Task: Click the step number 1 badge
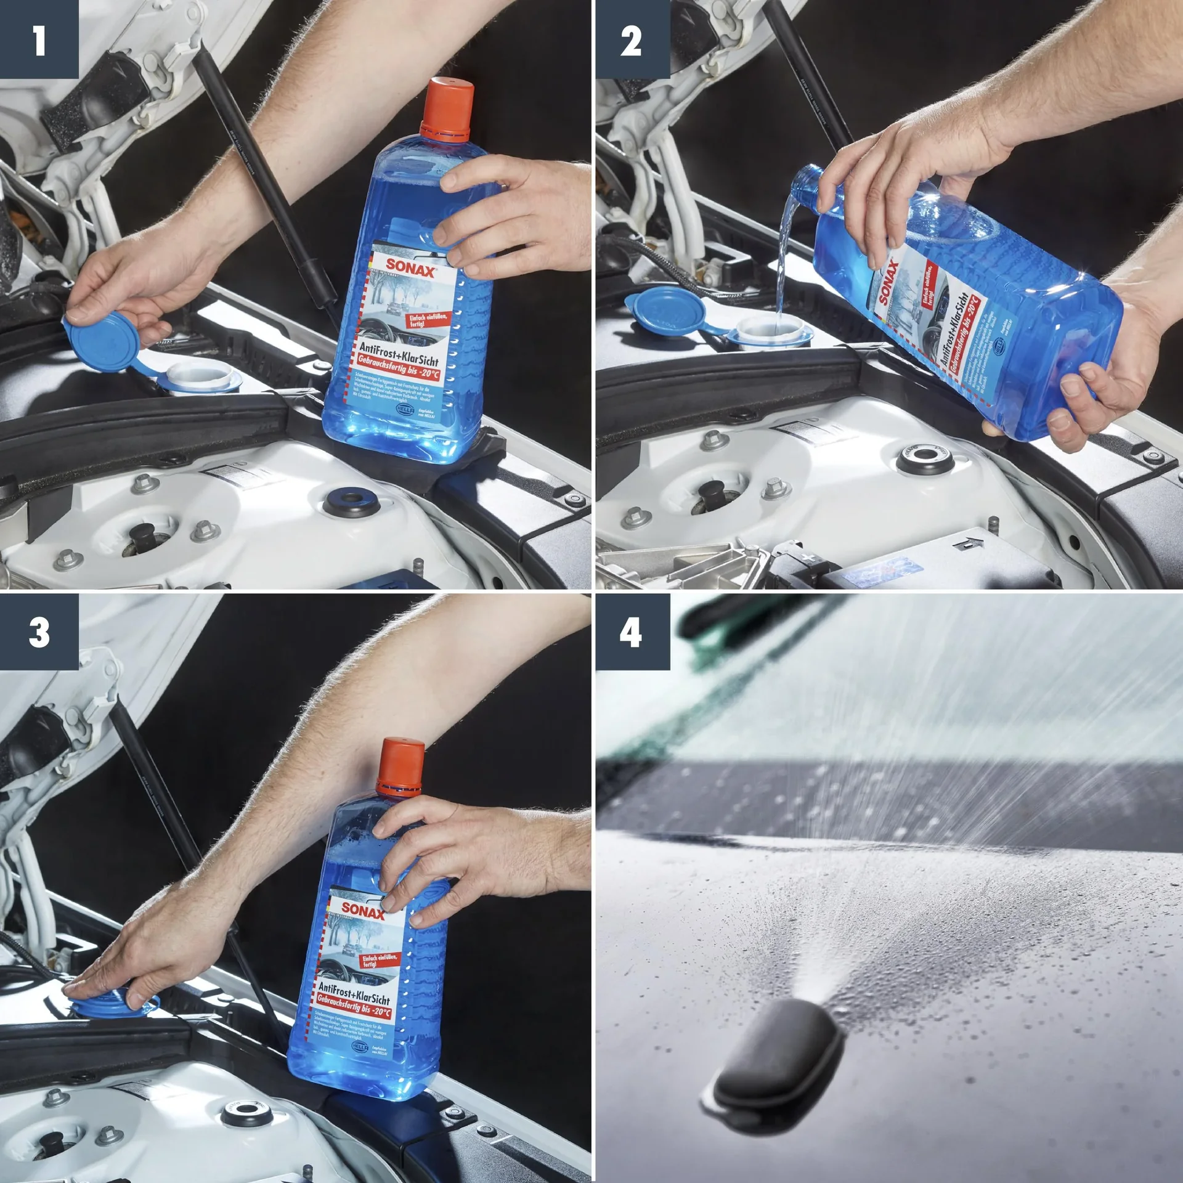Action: coord(39,39)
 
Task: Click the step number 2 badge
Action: coord(632,39)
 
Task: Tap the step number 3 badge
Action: coord(39,632)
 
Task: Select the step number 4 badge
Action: coord(632,632)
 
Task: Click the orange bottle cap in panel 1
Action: coord(447,106)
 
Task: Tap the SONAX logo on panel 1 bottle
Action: coord(412,269)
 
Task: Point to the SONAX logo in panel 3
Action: coord(363,909)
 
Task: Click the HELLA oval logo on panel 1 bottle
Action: coord(404,409)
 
